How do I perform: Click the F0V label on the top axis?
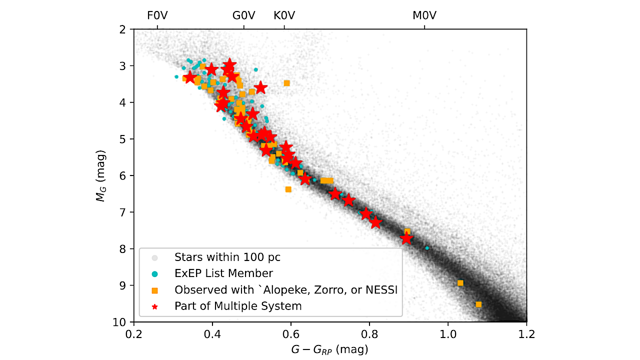(157, 15)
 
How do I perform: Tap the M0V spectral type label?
(424, 15)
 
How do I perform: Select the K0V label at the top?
(284, 15)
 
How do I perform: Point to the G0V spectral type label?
(244, 15)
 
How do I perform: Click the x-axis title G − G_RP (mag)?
(330, 348)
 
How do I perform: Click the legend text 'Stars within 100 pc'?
(227, 257)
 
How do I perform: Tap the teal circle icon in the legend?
(155, 273)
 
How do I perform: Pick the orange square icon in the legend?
(155, 289)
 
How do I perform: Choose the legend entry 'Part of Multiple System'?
(238, 305)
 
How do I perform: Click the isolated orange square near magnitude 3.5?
(286, 83)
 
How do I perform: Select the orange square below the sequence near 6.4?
(288, 189)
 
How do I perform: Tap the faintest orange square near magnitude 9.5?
(478, 304)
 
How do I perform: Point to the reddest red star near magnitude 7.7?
(407, 238)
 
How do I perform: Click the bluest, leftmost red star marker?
(189, 77)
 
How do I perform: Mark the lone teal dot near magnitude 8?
(427, 248)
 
